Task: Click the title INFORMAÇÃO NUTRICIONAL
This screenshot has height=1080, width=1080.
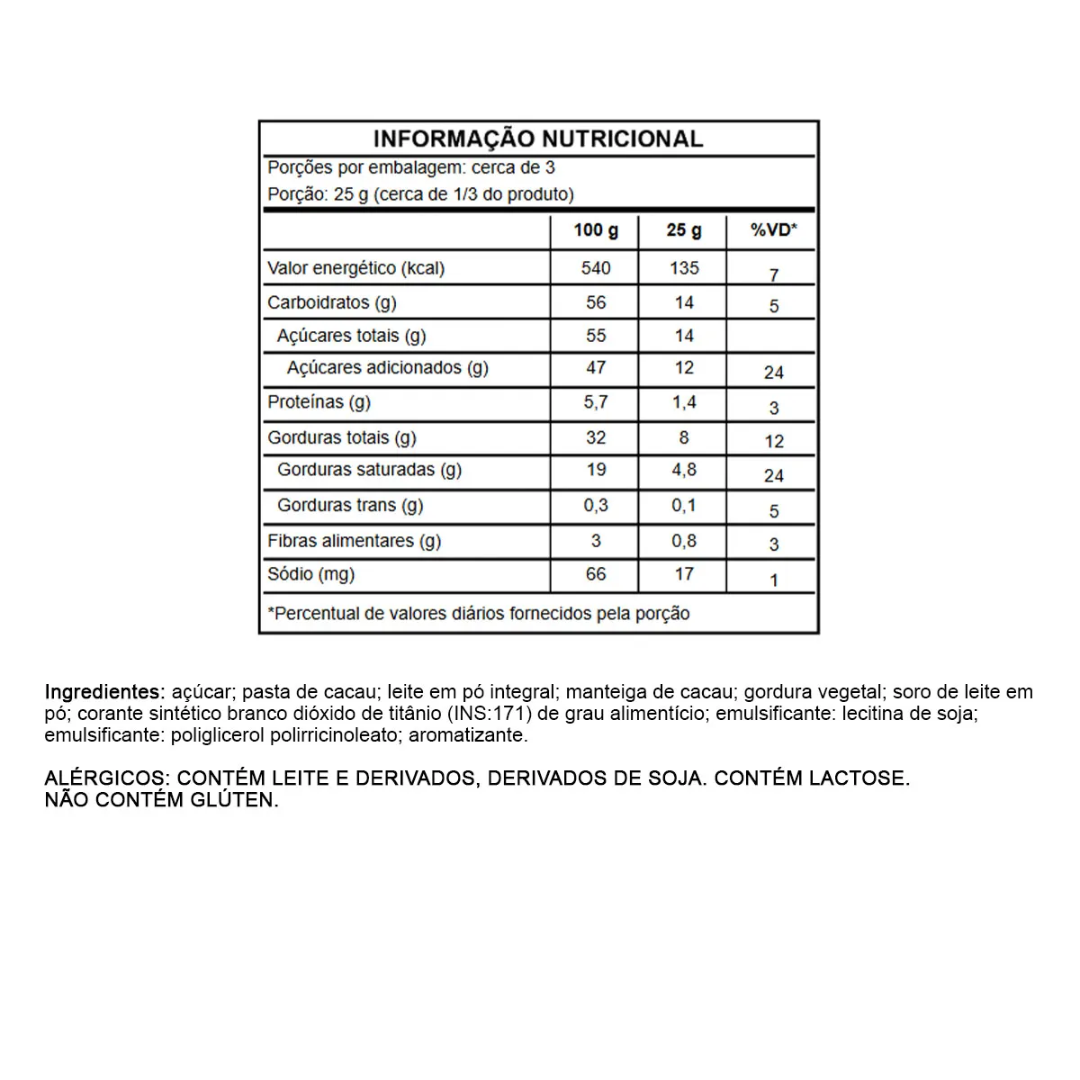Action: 538,139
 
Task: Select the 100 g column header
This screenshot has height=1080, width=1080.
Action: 596,230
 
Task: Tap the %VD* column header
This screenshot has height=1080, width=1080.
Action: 774,230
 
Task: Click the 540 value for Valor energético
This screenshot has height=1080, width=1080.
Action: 596,268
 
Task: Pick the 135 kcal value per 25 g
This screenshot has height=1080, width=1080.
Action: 684,268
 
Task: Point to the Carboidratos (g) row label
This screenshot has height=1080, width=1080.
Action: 332,302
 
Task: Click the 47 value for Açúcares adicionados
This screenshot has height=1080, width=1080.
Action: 596,368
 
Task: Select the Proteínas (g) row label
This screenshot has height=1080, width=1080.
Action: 319,402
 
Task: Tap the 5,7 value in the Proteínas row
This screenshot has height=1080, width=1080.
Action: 596,402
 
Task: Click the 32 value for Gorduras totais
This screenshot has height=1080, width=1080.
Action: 596,438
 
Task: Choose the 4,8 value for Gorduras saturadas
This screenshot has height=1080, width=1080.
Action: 684,470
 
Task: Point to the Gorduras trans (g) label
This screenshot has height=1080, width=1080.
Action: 350,506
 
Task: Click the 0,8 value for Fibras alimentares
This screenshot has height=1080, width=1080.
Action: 684,541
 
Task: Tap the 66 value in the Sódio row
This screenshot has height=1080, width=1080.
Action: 596,574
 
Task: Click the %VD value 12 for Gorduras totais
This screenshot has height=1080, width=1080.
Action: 774,441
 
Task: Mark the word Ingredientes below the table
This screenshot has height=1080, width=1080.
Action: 103,692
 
